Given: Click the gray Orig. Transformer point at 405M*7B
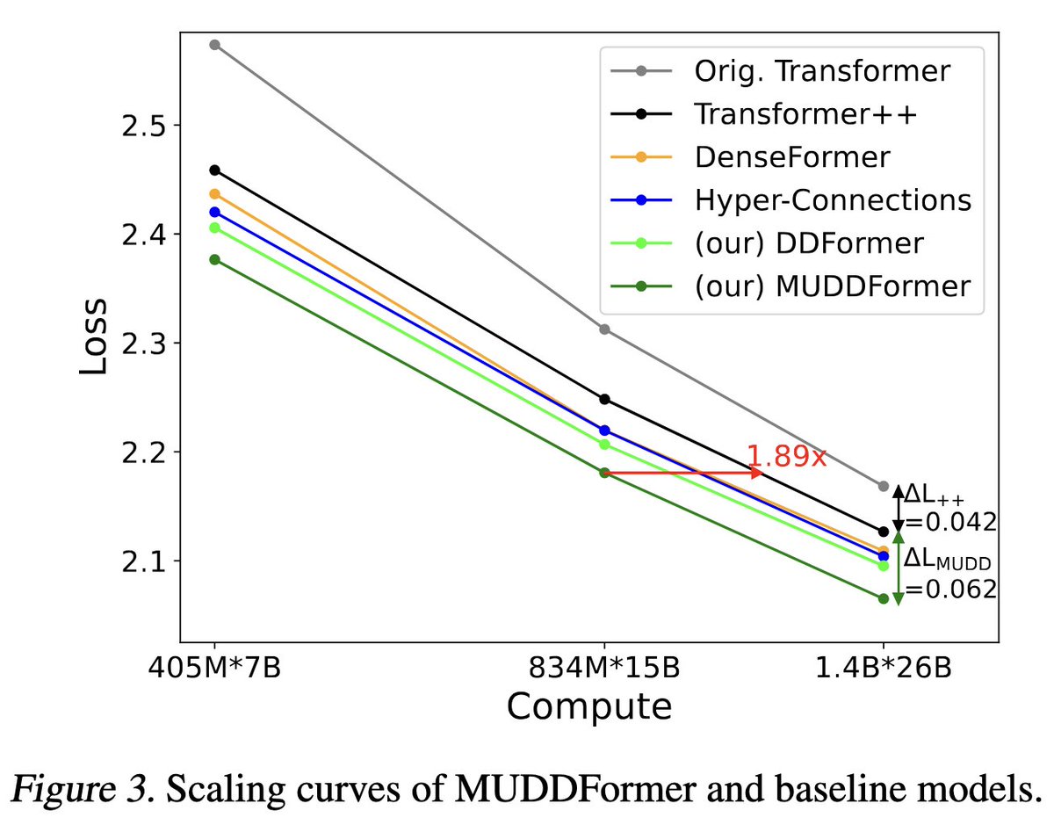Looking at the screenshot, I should point(214,45).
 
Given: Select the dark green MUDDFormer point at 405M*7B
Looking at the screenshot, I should point(214,260).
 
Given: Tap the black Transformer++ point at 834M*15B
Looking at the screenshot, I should point(604,399).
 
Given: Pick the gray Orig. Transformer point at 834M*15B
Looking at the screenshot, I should point(604,329).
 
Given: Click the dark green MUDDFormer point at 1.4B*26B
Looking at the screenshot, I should point(884,598).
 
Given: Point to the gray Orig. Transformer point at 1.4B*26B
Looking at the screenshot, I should point(884,486).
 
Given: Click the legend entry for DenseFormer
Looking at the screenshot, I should point(790,157).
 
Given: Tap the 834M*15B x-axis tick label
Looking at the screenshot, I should point(604,669).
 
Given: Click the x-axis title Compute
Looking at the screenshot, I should point(589,706).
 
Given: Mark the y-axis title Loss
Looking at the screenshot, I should point(95,337).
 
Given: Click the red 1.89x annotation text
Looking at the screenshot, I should point(786,457).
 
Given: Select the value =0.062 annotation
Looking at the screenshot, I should point(950,589).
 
